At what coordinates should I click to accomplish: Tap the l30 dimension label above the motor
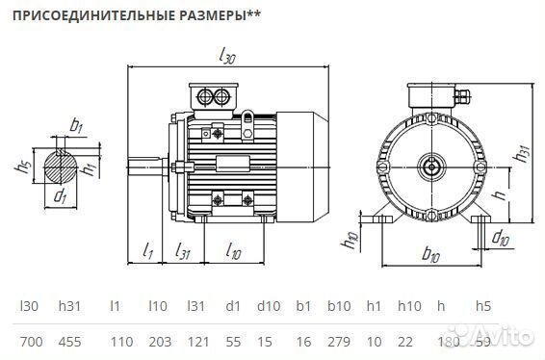(228, 57)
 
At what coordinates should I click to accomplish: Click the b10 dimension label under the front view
(430, 256)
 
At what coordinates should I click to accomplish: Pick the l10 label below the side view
(233, 251)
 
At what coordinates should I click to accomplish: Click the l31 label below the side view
(183, 251)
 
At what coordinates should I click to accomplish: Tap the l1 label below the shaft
(147, 251)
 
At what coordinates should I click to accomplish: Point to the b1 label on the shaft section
(75, 124)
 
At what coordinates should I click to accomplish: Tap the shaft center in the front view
(430, 165)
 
